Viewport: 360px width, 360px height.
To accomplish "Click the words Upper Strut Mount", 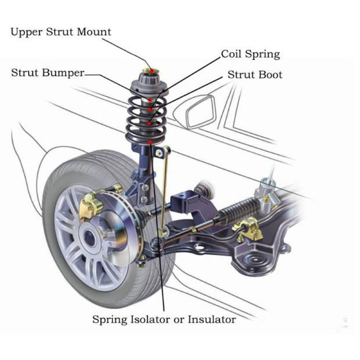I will pyautogui.click(x=60, y=32).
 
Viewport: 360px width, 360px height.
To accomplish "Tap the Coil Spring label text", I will pyautogui.click(x=250, y=54).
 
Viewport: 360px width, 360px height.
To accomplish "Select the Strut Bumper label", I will pyautogui.click(x=48, y=73).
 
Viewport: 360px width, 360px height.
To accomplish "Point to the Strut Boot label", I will pyautogui.click(x=255, y=75).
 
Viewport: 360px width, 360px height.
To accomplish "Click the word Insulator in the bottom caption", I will pyautogui.click(x=211, y=319).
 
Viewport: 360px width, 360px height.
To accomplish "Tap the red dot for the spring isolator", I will pyautogui.click(x=151, y=142).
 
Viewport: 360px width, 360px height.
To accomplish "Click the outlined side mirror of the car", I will pyautogui.click(x=200, y=111).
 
